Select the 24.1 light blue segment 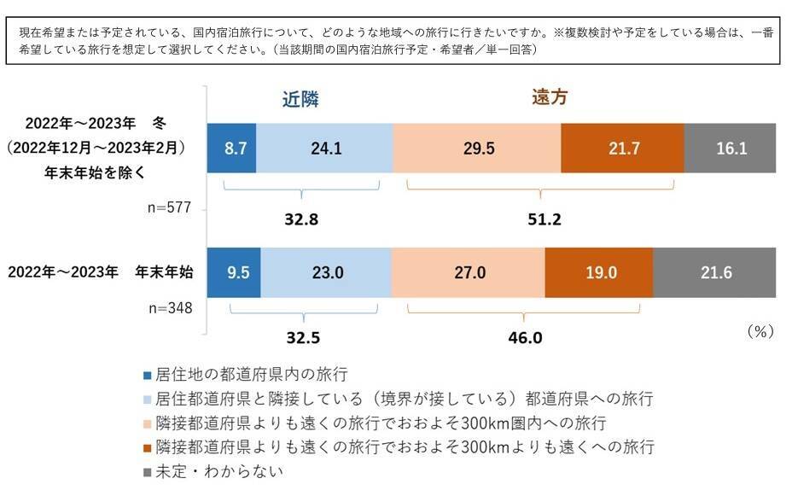(324, 148)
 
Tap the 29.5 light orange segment (477, 148)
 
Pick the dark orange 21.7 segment (622, 148)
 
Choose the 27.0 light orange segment (468, 272)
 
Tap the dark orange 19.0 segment (598, 272)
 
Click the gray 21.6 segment (714, 272)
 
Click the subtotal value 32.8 (301, 219)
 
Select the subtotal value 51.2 (544, 219)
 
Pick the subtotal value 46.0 (525, 337)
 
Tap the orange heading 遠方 (544, 98)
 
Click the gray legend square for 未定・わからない (148, 470)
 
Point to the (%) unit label (759, 332)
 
